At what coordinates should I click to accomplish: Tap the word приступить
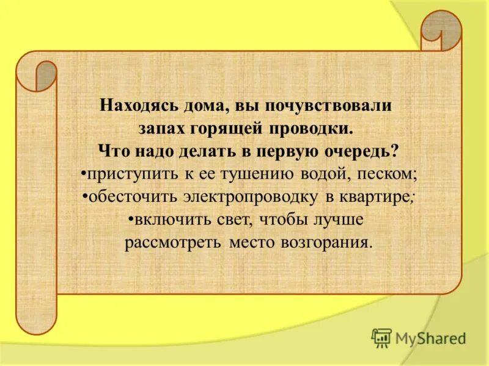click(x=131, y=174)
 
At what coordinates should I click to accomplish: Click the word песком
click(x=386, y=174)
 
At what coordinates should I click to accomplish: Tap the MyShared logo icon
click(x=381, y=337)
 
